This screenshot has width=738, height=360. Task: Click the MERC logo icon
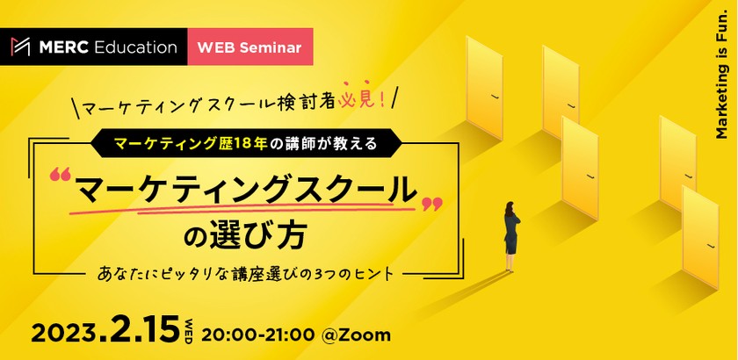pyautogui.click(x=20, y=47)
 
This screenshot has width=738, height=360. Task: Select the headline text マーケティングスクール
pyautogui.click(x=246, y=191)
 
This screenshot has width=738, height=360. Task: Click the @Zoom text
pyautogui.click(x=356, y=335)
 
